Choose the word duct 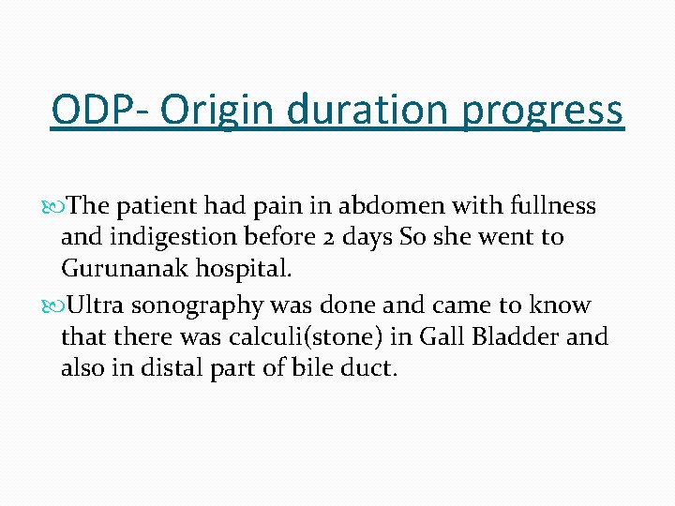369,368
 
